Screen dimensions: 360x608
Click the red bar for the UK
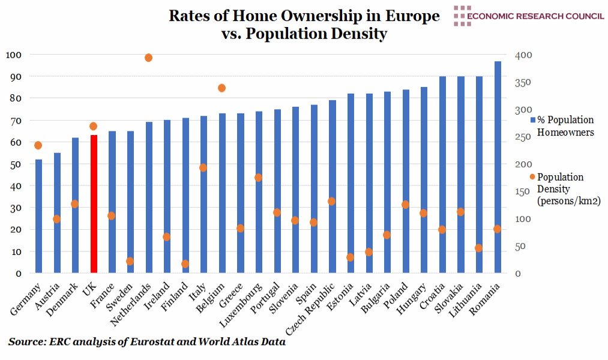click(93, 204)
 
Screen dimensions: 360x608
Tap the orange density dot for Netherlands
click(148, 58)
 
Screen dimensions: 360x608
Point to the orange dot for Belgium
click(221, 88)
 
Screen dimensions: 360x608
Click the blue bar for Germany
click(38, 216)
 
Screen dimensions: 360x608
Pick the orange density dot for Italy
click(203, 168)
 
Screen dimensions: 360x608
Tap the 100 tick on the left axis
click(13, 55)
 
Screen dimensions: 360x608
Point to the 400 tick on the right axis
click(523, 55)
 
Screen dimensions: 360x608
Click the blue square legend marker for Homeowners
click(531, 121)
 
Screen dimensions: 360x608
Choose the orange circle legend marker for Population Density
click(531, 177)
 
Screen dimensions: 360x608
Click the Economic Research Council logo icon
click(462, 16)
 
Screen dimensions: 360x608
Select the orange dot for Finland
click(185, 264)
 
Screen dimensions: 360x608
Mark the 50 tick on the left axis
click(13, 164)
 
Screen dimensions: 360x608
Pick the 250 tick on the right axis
click(523, 137)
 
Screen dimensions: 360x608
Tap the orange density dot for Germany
click(38, 145)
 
